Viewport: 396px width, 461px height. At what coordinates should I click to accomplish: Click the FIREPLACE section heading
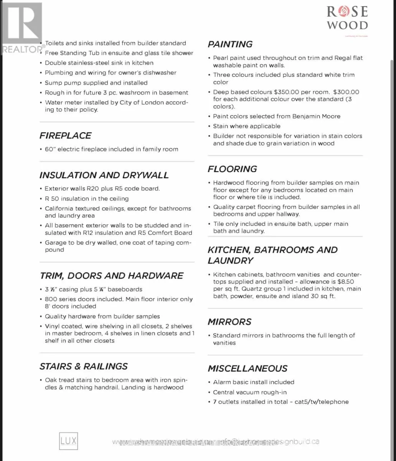(65, 136)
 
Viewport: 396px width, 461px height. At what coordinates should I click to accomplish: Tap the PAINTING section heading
(230, 45)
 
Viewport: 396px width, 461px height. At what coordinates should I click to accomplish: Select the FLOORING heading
(232, 169)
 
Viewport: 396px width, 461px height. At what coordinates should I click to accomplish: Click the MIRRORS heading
(229, 322)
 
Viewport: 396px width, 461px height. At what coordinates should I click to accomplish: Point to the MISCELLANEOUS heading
(247, 369)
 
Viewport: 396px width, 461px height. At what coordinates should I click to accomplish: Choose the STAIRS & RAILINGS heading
(84, 366)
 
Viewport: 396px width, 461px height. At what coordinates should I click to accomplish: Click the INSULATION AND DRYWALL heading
(104, 175)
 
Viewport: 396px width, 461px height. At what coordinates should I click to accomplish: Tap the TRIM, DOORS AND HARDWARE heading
(111, 276)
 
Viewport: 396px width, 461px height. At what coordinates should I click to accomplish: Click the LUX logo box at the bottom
(68, 441)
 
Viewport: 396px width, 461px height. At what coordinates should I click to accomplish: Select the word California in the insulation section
(60, 209)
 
